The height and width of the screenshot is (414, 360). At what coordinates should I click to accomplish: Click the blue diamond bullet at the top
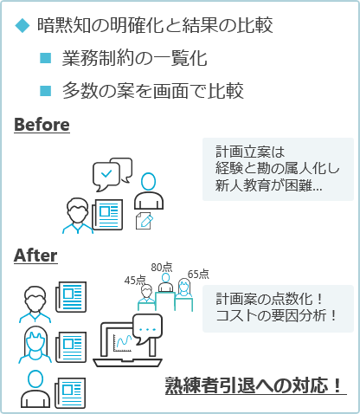tap(22, 25)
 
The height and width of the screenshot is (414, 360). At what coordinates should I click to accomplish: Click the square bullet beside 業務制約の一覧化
tap(46, 58)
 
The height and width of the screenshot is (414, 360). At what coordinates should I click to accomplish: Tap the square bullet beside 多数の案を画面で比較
tap(46, 91)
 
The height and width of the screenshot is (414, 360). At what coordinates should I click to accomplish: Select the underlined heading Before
tap(42, 125)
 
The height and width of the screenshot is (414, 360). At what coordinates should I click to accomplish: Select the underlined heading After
tap(35, 256)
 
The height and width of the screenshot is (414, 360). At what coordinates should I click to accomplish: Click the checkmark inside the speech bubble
tap(106, 173)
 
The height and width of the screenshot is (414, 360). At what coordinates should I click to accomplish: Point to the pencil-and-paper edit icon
tap(145, 221)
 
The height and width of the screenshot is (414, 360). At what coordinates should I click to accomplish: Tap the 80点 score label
tap(162, 268)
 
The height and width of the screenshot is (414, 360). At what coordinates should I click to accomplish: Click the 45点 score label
tap(135, 280)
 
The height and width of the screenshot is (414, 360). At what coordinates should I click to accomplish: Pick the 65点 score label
tap(198, 274)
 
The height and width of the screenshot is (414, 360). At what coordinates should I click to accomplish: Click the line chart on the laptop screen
tap(122, 343)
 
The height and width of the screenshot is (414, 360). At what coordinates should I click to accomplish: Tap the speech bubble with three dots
tap(147, 329)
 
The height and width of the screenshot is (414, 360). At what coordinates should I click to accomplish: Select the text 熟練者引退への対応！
tap(254, 385)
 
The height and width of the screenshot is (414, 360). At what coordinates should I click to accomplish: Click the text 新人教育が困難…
tap(268, 185)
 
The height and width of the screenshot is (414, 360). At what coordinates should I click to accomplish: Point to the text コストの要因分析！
tap(276, 315)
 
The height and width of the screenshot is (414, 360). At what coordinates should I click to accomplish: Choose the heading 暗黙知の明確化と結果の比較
tap(155, 25)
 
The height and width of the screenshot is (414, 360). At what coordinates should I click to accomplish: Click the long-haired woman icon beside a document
tap(35, 345)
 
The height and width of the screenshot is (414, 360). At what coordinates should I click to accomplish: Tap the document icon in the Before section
tap(107, 215)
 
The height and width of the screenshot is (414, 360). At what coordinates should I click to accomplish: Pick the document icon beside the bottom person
tap(70, 393)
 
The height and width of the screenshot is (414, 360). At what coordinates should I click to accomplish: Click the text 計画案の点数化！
tap(269, 299)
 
